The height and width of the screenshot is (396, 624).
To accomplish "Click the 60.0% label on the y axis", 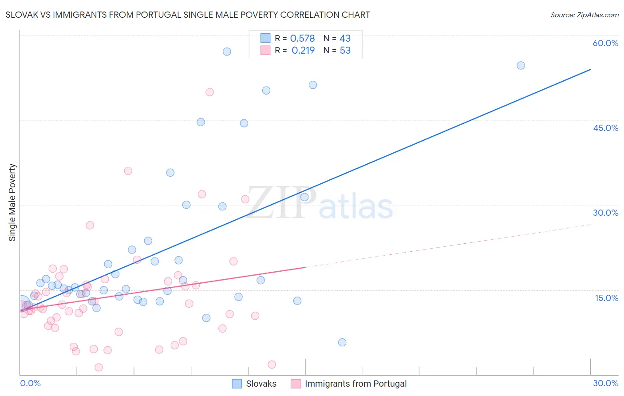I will pos(605,43).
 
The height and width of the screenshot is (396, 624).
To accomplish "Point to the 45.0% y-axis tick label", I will pos(605,128).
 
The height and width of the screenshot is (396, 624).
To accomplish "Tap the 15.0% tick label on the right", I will pos(606,298).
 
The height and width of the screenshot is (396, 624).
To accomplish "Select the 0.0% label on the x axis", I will pos(30,383).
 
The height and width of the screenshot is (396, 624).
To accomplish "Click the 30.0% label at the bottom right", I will pos(605,383).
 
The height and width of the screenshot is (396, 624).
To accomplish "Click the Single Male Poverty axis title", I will pos(12,202).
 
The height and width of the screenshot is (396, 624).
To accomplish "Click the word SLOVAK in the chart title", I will pos(22,15).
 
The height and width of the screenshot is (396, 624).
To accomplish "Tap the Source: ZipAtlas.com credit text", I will pos(584,15).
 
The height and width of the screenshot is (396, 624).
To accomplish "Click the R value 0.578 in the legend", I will pos(302,39).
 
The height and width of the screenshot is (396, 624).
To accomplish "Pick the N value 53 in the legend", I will pos(345,51).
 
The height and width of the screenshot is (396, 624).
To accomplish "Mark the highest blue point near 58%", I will pos(227,51).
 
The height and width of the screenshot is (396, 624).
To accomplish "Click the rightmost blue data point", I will pos(521,66).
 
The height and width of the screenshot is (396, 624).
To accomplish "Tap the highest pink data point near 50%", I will pos(209,92).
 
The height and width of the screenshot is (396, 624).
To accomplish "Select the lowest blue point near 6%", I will pos(342,342).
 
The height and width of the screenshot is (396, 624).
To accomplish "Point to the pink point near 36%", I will pos(128,171).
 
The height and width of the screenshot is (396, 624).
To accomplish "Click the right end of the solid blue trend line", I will pos(590,70).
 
